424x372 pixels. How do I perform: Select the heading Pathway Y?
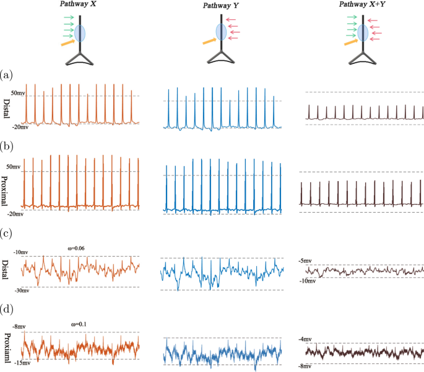point(220,6)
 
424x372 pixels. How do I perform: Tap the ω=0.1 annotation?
point(77,323)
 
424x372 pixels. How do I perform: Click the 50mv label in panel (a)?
point(17,91)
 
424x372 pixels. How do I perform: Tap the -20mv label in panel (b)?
point(15,214)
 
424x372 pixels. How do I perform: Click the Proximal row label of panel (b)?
point(7,184)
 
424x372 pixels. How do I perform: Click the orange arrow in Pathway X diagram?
point(67,42)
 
